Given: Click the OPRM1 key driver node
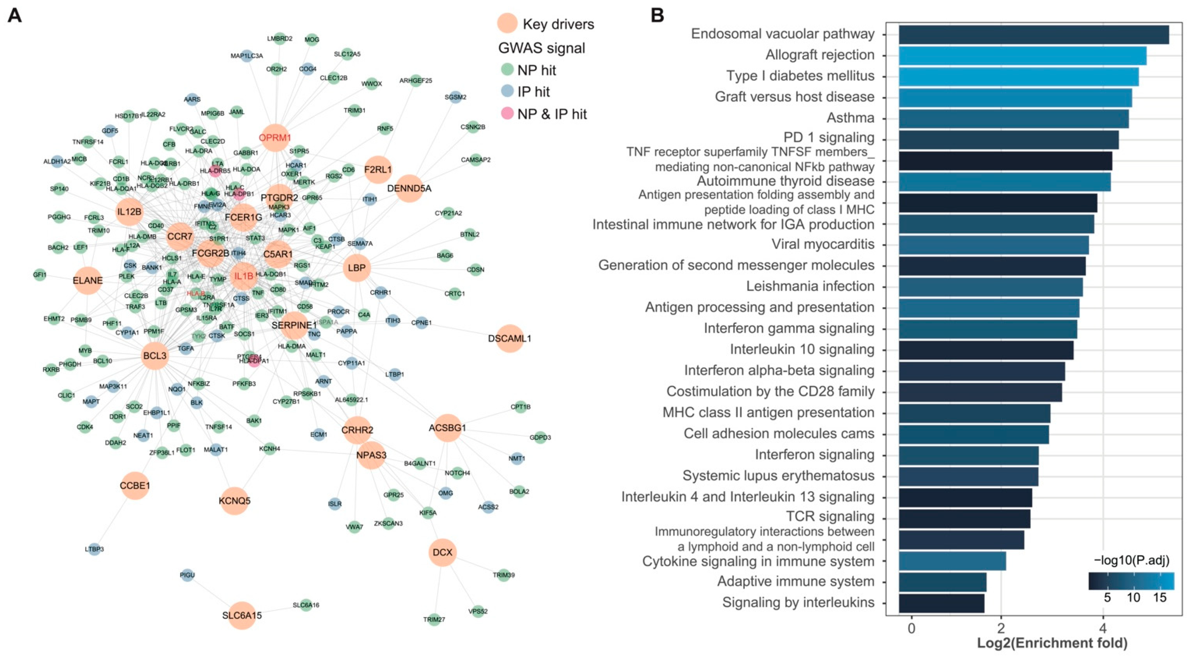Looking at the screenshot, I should [275, 137].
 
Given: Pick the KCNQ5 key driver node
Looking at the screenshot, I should [235, 501].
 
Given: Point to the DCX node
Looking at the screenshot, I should [443, 552].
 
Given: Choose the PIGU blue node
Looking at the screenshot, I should [187, 575].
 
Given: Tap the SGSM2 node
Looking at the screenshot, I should [456, 97].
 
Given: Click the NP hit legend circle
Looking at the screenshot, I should [507, 70].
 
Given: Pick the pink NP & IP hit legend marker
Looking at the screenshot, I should [507, 113].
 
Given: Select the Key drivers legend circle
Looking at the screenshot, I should [507, 23].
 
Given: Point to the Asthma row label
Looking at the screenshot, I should [850, 118].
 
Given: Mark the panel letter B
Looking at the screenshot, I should [657, 15].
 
